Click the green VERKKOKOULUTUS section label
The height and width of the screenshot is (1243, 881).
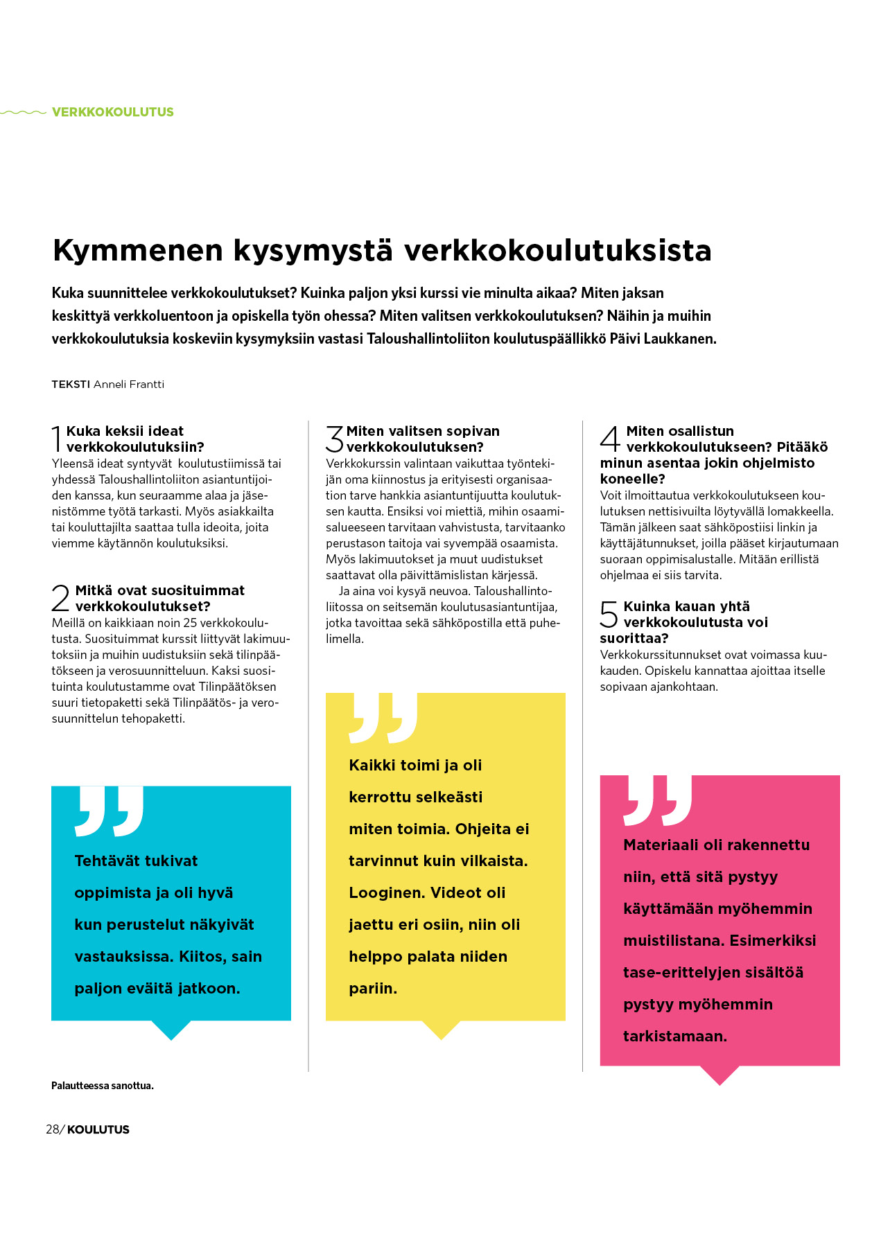click(x=112, y=112)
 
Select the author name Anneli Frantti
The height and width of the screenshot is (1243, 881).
click(x=129, y=385)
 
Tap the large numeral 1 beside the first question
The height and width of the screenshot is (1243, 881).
click(x=57, y=439)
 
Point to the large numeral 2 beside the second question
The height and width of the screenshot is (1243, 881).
click(x=61, y=598)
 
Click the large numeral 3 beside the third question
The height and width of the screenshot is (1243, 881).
click(x=335, y=439)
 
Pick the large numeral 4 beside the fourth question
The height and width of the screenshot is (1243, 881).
click(x=610, y=439)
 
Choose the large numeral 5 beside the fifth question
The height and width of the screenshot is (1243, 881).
click(x=609, y=614)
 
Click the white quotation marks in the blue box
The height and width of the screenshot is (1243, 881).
click(x=110, y=811)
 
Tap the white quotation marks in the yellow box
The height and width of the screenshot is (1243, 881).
click(x=383, y=718)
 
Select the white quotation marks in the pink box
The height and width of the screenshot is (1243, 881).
click(x=658, y=800)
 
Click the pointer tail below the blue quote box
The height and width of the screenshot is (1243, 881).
click(x=171, y=1030)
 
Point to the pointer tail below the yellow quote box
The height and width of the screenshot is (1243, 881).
click(x=441, y=1030)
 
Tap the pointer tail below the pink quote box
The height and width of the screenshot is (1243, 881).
click(x=719, y=1075)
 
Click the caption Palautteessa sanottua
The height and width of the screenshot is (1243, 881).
click(x=103, y=1086)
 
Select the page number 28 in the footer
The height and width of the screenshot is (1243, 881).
click(x=53, y=1129)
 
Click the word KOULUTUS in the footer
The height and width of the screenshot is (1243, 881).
click(x=98, y=1129)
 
